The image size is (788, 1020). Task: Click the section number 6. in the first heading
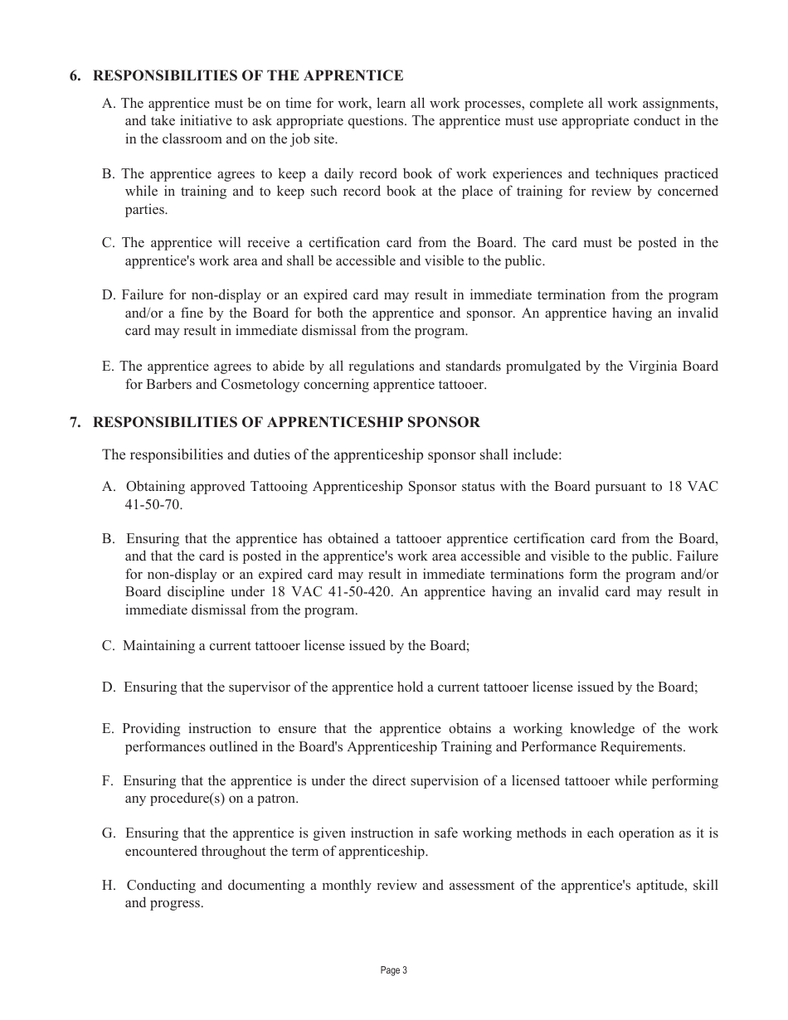(75, 76)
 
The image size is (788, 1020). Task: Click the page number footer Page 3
(394, 970)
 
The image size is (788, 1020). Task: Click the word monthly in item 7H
(347, 886)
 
